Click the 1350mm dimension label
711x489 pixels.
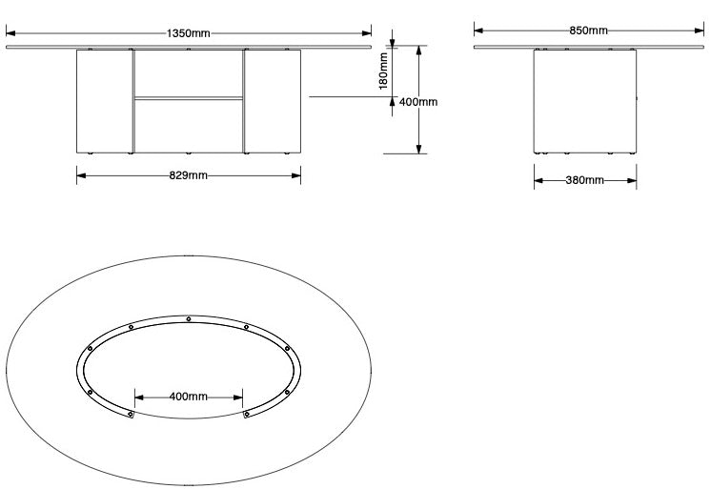pos(188,32)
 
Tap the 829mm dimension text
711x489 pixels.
pos(189,175)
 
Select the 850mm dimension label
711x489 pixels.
pos(588,31)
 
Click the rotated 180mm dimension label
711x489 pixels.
pos(383,70)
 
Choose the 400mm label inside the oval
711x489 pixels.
pos(188,396)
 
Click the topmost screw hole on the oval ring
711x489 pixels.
pos(189,318)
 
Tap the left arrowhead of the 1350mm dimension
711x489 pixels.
pos(12,32)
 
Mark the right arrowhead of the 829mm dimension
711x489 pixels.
pos(295,175)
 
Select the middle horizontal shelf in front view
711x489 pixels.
pos(188,96)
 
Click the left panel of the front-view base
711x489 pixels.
pos(104,100)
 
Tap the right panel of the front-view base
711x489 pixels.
pos(273,100)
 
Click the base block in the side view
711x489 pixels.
pos(584,100)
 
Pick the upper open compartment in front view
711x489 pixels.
pos(188,72)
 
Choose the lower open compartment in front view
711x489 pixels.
pos(188,124)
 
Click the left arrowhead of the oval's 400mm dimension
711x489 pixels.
pos(139,396)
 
